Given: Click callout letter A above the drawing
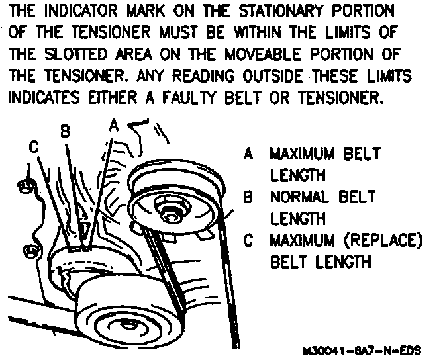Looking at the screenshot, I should click(x=113, y=125).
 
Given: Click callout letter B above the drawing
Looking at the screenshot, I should click(x=65, y=132).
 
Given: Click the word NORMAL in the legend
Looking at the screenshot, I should click(x=295, y=197).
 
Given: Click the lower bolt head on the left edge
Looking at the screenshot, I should click(x=29, y=251).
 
